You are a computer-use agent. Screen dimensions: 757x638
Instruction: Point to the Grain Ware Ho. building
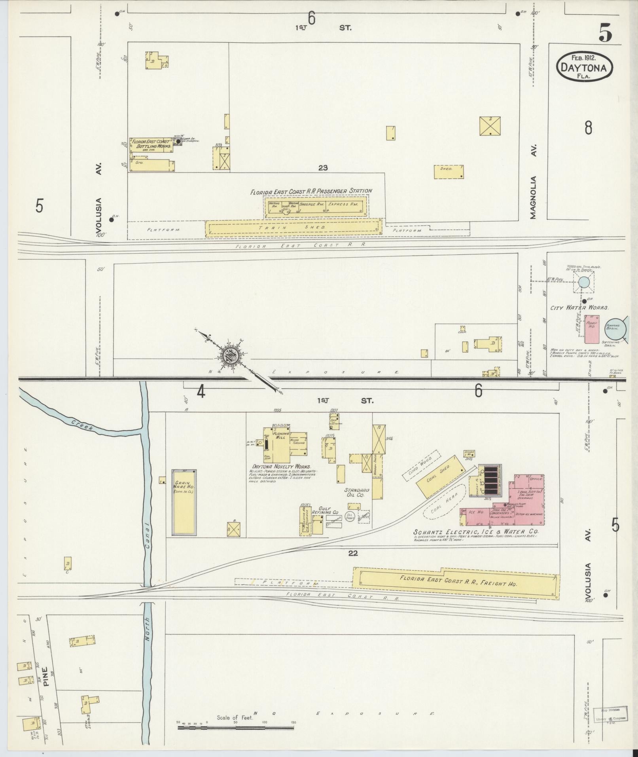pyautogui.click(x=184, y=503)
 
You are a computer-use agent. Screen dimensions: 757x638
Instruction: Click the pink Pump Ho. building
pyautogui.click(x=591, y=329)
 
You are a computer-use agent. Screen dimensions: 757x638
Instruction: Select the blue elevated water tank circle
pyautogui.click(x=584, y=282)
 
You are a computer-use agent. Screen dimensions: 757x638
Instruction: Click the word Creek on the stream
pyautogui.click(x=82, y=425)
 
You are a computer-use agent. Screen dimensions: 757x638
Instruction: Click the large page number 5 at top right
pyautogui.click(x=605, y=33)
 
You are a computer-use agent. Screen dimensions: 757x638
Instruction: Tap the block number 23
pyautogui.click(x=323, y=168)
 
